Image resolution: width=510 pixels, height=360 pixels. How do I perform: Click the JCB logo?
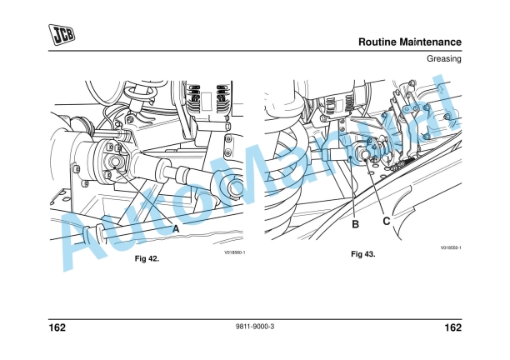point(61,36)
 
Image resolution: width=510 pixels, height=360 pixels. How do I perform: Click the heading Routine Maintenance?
point(409,42)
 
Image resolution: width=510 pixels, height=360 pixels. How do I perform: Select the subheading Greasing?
point(444,60)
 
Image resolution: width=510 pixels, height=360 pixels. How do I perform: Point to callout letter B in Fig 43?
point(355,223)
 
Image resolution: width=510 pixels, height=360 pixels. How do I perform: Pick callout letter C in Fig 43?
point(387,222)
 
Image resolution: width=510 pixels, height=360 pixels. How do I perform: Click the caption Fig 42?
point(147,258)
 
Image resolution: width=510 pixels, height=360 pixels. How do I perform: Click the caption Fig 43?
point(362,253)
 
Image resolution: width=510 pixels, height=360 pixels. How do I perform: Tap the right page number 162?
point(452,327)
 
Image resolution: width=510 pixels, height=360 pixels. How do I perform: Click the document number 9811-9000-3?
point(255,327)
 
